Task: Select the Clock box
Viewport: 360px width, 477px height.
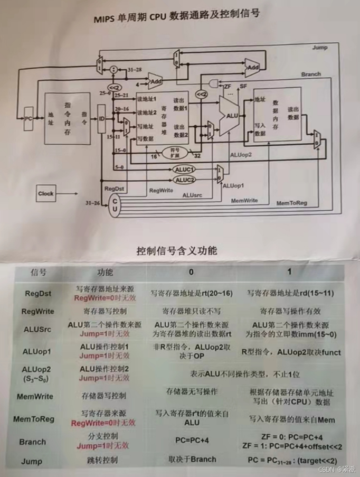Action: (46, 193)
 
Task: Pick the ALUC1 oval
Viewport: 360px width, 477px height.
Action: (185, 170)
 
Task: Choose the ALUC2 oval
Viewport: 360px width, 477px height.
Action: (185, 180)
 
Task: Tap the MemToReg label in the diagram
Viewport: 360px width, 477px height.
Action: (291, 202)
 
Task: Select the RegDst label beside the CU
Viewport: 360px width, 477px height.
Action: (113, 188)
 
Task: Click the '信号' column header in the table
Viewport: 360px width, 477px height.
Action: (39, 272)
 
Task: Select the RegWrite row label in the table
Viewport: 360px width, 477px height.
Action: (38, 312)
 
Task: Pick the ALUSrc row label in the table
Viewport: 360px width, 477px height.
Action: (38, 330)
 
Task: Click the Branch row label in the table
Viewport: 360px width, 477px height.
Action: (32, 442)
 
